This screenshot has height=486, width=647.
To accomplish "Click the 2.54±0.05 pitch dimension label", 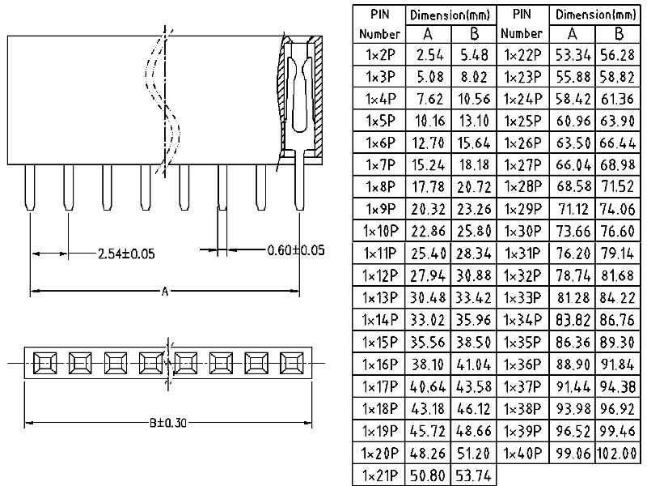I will coord(125,254).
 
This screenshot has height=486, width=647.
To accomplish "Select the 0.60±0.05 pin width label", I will coord(296,250).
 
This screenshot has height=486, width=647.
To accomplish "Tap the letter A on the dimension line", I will coord(165,292).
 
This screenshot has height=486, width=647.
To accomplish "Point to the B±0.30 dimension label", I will coord(167,423).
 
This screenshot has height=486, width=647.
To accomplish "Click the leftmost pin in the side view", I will coord(29,186).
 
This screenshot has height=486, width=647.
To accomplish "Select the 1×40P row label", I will coord(522,452).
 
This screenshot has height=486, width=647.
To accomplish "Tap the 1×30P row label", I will coord(522,232).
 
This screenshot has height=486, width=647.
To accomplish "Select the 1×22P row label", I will coord(522,55).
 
